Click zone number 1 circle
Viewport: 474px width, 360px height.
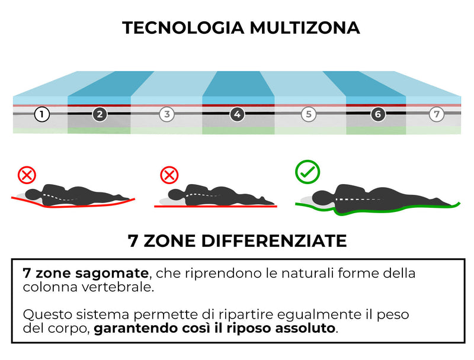(41, 114)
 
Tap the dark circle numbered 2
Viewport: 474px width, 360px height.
(100, 114)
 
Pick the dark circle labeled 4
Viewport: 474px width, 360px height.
(237, 114)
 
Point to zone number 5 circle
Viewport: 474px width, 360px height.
(308, 114)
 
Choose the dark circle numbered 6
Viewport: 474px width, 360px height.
(377, 114)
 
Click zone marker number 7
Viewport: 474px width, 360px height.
(437, 114)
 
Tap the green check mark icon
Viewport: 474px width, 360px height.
(308, 171)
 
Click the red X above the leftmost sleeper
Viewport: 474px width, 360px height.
(27, 175)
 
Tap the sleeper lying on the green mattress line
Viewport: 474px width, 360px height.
(379, 197)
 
